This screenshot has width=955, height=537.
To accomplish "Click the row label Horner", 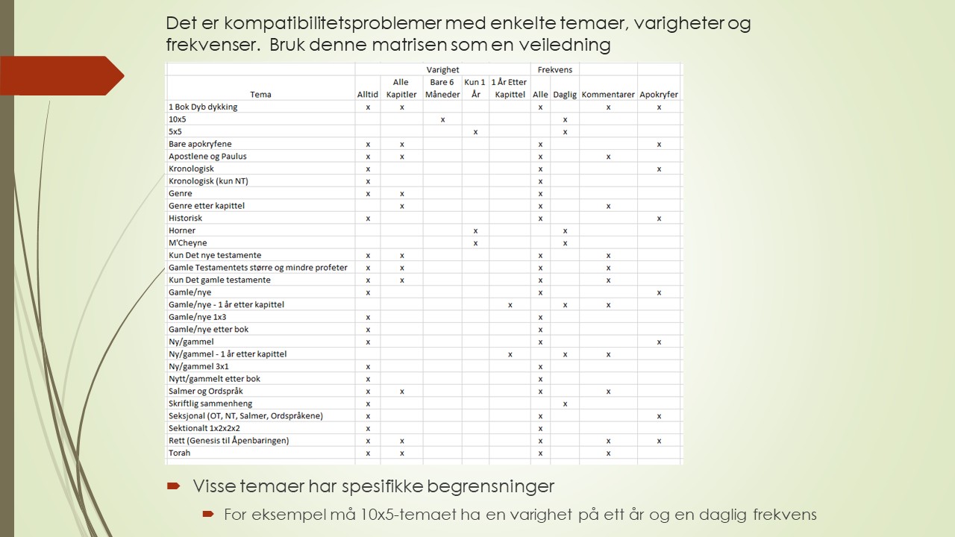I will click(x=182, y=230).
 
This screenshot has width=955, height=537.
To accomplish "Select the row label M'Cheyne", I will click(x=188, y=243).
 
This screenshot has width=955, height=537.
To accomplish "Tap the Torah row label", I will click(x=180, y=453).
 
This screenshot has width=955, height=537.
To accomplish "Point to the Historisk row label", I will click(x=186, y=218).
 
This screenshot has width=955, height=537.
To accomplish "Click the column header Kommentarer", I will click(x=608, y=95).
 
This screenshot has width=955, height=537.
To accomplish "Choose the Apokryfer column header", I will click(x=659, y=95).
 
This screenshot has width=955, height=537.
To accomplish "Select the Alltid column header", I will click(x=368, y=95).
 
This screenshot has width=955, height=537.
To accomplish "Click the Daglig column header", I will click(x=565, y=95).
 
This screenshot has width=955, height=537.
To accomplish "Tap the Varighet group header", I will click(x=442, y=69).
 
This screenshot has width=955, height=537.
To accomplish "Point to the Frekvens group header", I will click(x=555, y=69).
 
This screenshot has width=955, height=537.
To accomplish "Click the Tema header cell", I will click(x=261, y=95).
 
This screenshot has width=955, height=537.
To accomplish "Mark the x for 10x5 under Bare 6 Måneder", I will click(x=443, y=119).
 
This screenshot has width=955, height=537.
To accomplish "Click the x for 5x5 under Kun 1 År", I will click(x=475, y=132).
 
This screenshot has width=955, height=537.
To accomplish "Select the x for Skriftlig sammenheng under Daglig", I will click(x=566, y=403).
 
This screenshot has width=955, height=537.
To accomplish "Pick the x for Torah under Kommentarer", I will click(x=609, y=453).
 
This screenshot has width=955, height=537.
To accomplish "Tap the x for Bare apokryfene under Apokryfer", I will click(x=660, y=144).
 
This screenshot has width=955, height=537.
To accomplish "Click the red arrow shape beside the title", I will click(x=63, y=75).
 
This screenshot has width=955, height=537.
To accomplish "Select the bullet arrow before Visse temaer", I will click(x=173, y=486).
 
